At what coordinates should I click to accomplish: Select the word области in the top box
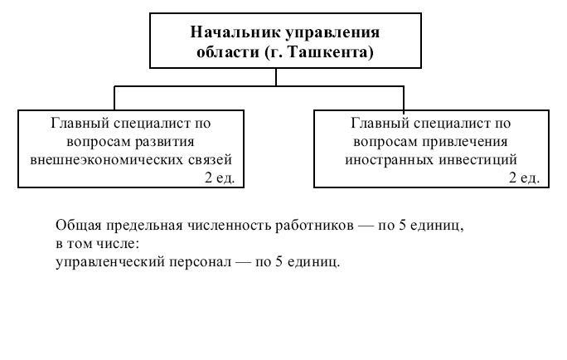click(228, 52)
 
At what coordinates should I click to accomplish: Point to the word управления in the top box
click(333, 33)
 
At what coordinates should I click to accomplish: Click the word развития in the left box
click(165, 142)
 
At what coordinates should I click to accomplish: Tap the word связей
click(211, 159)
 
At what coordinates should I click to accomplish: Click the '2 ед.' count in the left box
click(220, 178)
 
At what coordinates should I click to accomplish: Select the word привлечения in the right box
click(465, 142)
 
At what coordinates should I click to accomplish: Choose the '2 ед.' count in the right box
click(525, 178)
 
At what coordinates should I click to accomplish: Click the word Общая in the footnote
click(78, 226)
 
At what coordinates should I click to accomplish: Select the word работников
click(315, 226)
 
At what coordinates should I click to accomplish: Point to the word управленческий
click(110, 262)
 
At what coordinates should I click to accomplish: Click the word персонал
click(201, 262)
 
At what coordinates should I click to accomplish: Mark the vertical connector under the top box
click(276, 77)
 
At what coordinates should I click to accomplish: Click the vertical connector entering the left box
click(114, 98)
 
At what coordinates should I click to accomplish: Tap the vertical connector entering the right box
click(404, 98)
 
